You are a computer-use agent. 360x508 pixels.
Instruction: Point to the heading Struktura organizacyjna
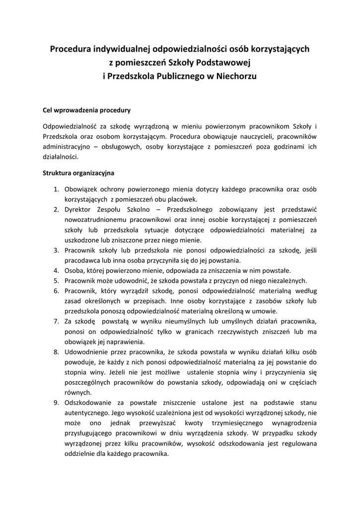click(x=79, y=173)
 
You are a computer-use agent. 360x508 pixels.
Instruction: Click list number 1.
click(x=56, y=189)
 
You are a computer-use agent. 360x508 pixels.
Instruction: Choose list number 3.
click(x=56, y=251)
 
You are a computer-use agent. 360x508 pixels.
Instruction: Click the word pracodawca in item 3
click(x=82, y=260)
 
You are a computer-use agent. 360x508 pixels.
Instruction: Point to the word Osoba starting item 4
click(x=74, y=270)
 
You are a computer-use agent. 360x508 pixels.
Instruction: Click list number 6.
click(x=56, y=291)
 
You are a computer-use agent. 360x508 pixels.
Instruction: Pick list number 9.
click(x=56, y=403)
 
